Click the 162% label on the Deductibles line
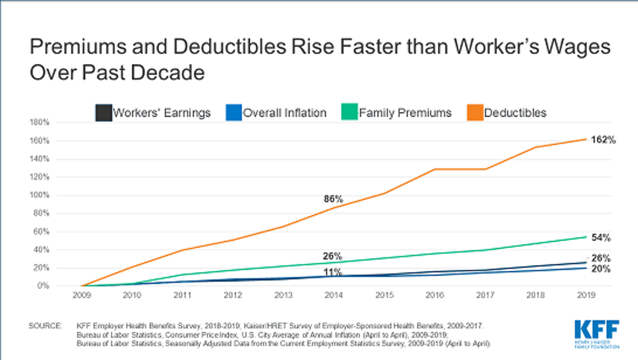(603, 140)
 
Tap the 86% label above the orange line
(333, 198)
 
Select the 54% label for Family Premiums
(601, 238)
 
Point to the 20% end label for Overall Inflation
(601, 269)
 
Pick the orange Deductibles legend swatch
(475, 112)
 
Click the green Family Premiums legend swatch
(350, 112)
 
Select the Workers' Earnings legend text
(162, 112)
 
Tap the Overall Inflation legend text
(284, 112)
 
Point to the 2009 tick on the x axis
(81, 296)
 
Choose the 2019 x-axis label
(586, 296)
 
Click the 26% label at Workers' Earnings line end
(601, 258)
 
